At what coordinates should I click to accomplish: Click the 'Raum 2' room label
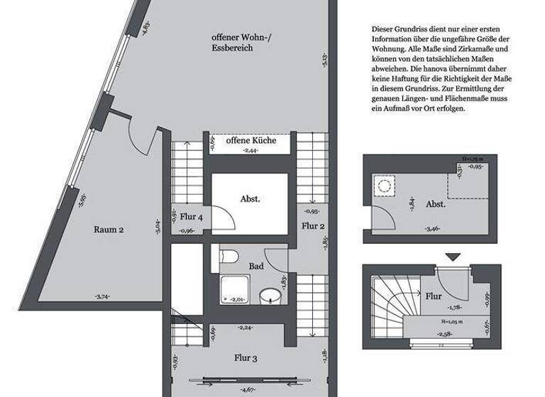coord(109,229)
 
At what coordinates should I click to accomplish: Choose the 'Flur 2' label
coord(312,226)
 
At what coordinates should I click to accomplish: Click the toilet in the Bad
coord(228,257)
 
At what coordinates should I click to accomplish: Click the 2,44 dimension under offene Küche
coord(250,151)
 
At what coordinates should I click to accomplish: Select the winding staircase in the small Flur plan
coord(390,301)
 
